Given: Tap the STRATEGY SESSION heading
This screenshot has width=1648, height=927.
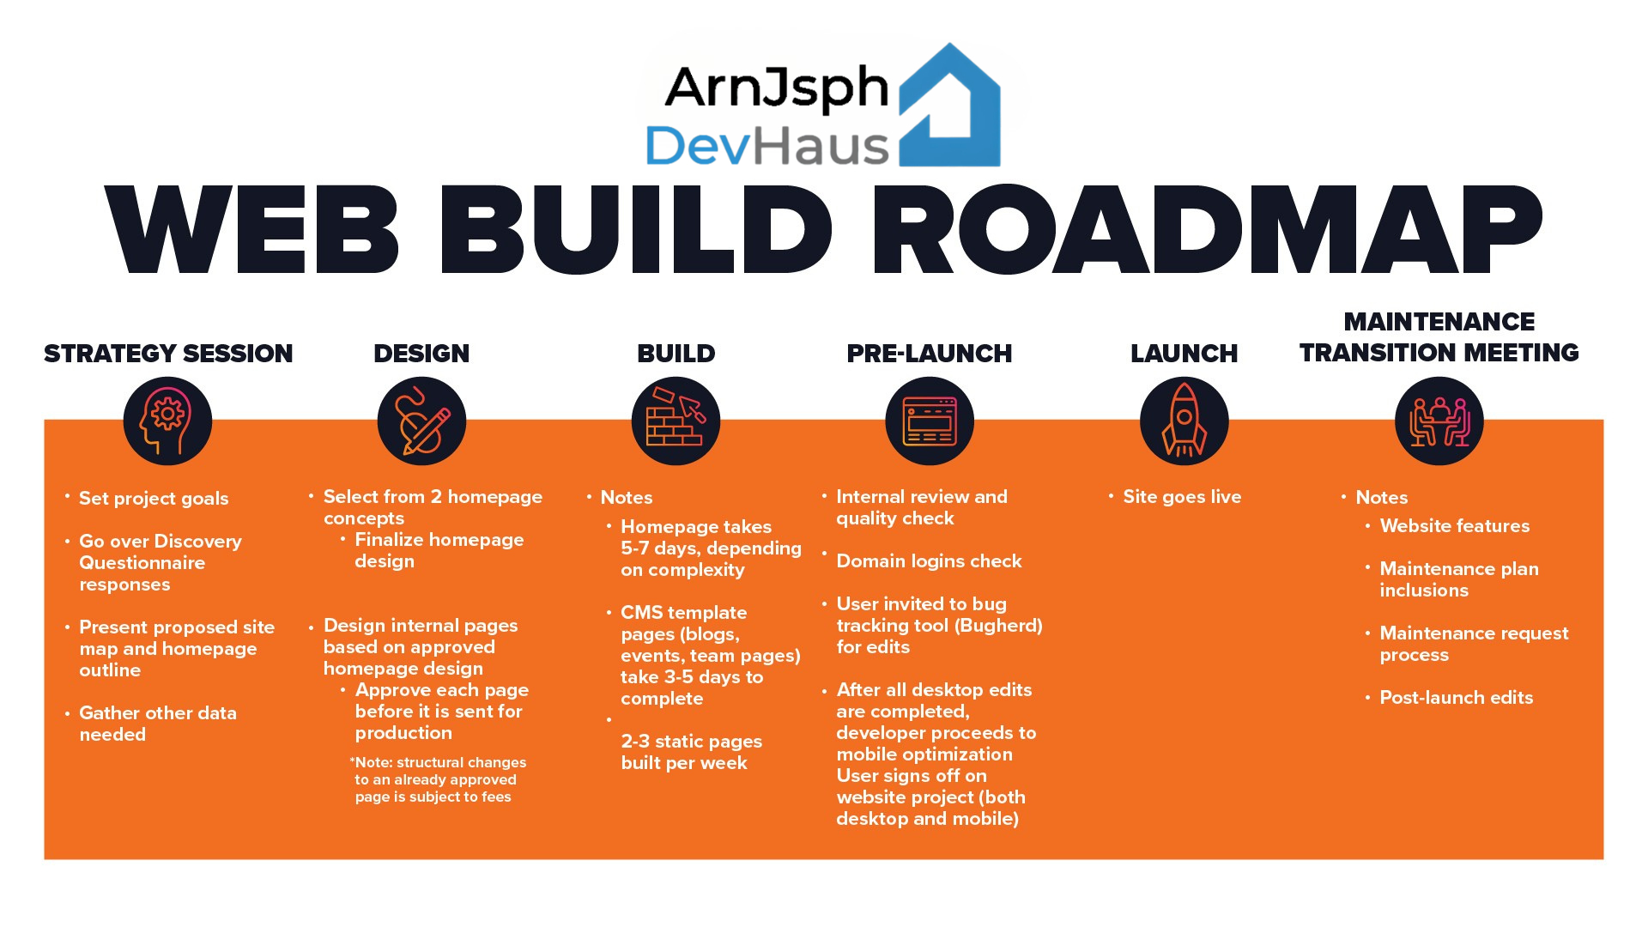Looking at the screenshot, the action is coord(168,354).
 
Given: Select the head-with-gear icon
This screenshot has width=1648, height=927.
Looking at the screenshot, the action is coord(167,421).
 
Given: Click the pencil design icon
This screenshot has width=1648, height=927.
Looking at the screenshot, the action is coord(421,421).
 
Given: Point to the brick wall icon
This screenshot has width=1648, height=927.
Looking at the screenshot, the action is coord(676,421).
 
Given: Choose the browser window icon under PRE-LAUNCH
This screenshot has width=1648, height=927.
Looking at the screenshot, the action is coord(930,421).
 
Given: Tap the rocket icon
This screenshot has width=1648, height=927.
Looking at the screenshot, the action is coord(1184,421).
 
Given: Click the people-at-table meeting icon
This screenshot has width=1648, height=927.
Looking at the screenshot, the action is coord(1439,421).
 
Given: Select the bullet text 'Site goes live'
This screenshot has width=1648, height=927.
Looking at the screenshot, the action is coord(1182,497).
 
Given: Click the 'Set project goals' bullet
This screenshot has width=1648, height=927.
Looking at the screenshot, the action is coord(154,499).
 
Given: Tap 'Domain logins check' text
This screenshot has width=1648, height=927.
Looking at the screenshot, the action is coord(929,561).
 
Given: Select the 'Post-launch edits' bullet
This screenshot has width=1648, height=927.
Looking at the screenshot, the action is coord(1456,698).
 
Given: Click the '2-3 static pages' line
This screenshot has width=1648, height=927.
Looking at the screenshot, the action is coord(691,742).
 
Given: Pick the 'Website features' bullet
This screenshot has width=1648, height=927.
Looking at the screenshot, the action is coord(1454,526).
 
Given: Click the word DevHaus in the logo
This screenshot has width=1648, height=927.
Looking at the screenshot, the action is coord(766,146).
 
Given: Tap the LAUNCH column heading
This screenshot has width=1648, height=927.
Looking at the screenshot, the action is coord(1184,354).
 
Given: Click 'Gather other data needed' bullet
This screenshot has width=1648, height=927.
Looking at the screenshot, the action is coord(157,724).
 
